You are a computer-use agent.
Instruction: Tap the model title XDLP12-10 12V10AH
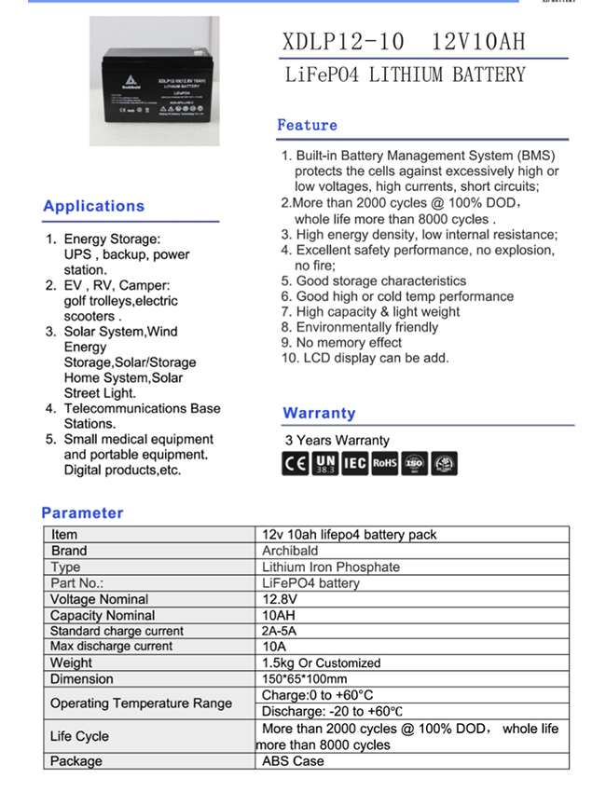coord(403,42)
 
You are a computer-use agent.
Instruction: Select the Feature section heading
coord(307,125)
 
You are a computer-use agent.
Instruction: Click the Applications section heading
coord(93,206)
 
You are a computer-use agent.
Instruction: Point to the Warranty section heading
coord(319,413)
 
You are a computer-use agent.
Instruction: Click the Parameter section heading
coord(82,512)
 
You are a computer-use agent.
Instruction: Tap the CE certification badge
coord(295,463)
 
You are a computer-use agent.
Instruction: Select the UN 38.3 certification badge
coord(324,463)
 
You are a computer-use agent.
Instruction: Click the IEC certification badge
coord(354,463)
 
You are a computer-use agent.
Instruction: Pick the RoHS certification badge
coord(384,463)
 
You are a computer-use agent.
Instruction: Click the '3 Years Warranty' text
coord(337,440)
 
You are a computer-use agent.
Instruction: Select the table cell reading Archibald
coord(290,551)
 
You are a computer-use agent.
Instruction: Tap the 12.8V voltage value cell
coord(280,599)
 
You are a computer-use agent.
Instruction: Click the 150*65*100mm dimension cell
coord(304,679)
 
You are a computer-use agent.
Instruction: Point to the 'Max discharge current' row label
coord(111,647)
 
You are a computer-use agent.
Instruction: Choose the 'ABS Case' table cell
coord(293,761)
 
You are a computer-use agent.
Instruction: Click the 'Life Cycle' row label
coord(79,736)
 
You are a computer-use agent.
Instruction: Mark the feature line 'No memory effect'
coord(349,342)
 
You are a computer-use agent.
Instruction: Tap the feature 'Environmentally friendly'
coord(366,327)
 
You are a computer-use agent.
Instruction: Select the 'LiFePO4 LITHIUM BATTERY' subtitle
coord(405,75)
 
